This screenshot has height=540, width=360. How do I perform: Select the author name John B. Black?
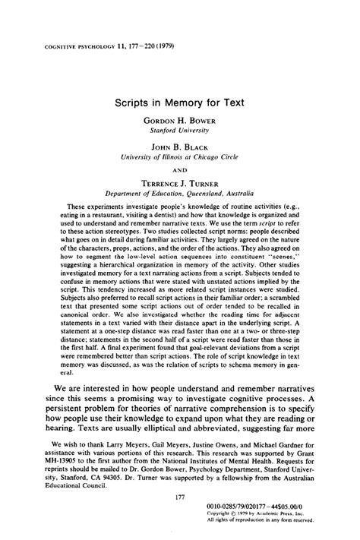[179, 148]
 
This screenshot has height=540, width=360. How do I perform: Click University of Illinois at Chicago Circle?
[180, 159]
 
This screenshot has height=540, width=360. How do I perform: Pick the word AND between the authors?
[180, 170]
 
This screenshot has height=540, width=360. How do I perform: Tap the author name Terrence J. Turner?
[179, 183]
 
